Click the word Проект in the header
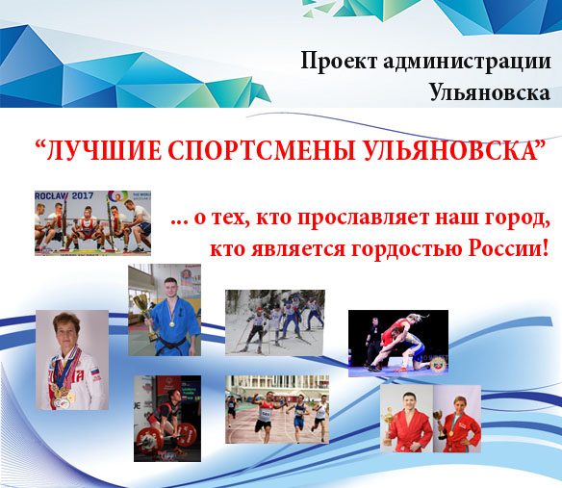pos(339,62)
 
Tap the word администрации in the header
pos(467,62)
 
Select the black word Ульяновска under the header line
pos(490,92)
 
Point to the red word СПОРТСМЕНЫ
pos(262,150)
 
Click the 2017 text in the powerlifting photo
pos(83,195)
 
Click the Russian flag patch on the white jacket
pos(95,371)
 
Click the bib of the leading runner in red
pos(266,414)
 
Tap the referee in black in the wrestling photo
pos(372,341)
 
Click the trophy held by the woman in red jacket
pos(439,423)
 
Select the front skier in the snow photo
pos(256,329)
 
